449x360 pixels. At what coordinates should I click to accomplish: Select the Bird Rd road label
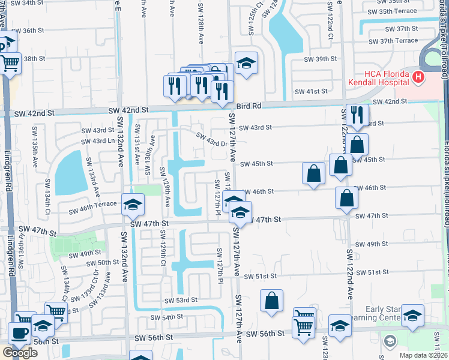click(248, 106)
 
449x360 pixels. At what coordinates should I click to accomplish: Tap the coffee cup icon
click(19, 334)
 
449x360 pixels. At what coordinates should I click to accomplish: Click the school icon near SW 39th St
click(245, 64)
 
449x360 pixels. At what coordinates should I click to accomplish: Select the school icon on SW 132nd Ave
click(133, 205)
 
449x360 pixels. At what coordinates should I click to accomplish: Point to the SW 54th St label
click(166, 317)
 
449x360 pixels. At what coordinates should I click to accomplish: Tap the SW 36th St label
click(28, 31)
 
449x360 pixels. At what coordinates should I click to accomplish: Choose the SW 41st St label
click(312, 92)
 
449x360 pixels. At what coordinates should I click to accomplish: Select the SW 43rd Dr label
click(214, 139)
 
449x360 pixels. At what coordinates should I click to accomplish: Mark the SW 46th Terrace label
click(92, 211)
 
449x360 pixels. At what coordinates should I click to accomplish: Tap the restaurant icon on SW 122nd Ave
click(357, 115)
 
